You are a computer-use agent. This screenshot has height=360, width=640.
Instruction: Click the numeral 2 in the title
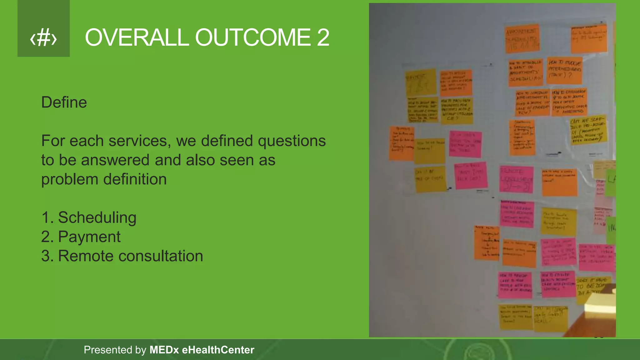point(323,37)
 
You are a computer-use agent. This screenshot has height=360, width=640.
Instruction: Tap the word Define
point(64,102)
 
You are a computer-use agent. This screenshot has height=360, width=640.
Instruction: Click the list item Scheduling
point(97,217)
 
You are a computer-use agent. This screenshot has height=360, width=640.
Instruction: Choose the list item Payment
point(89,237)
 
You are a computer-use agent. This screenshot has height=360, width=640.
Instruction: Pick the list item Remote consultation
point(130,256)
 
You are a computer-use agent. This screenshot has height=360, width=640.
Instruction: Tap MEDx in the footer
point(164,350)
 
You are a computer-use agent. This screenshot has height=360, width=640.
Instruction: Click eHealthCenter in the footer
point(218,350)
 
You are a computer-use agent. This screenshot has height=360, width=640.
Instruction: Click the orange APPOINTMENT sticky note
point(522,38)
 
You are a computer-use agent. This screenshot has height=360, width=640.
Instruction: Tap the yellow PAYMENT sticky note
point(421,82)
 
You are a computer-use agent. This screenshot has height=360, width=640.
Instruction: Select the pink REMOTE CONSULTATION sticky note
point(516,179)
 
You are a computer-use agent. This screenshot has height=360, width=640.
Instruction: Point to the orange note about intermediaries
point(564,70)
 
